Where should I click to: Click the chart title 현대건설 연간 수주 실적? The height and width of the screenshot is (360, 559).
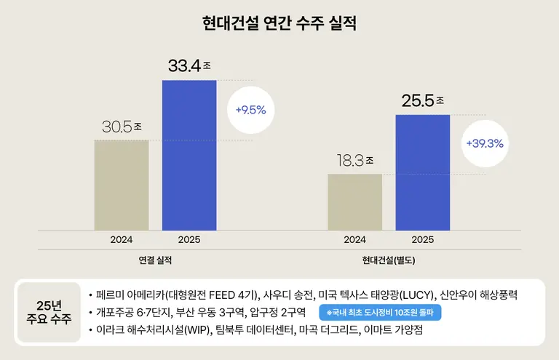tap(279, 23)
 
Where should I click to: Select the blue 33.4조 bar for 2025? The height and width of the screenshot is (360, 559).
tap(189, 154)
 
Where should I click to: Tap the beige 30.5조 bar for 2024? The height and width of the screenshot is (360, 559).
tap(122, 184)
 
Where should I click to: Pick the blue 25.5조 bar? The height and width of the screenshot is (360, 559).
tap(422, 172)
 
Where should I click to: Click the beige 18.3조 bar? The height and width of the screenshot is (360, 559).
tap(354, 201)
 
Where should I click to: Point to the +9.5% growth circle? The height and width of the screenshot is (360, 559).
tap(250, 111)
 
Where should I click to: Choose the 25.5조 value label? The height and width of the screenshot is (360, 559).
tap(423, 101)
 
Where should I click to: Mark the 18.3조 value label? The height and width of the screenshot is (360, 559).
tap(354, 161)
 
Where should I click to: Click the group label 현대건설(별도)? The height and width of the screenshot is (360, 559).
tap(388, 260)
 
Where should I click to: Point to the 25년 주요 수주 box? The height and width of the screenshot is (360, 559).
tap(49, 313)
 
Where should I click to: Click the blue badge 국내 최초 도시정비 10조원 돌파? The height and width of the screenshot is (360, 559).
tap(381, 313)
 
